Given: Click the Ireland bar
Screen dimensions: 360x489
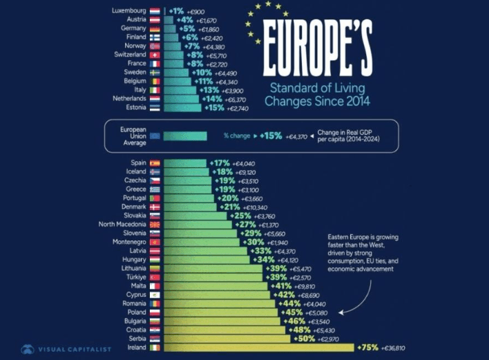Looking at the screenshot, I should coord(259,348).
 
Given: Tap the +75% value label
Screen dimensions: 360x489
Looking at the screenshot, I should coord(368,348).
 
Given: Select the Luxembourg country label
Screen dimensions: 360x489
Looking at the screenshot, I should coord(128,11).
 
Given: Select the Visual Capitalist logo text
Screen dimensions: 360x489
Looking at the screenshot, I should coord(75,350).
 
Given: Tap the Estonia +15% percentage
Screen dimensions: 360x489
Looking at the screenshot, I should coord(214,108).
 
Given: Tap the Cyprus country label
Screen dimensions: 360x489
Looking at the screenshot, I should coord(135,294).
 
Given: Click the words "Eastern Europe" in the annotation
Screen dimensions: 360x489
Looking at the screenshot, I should coord(348,238).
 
